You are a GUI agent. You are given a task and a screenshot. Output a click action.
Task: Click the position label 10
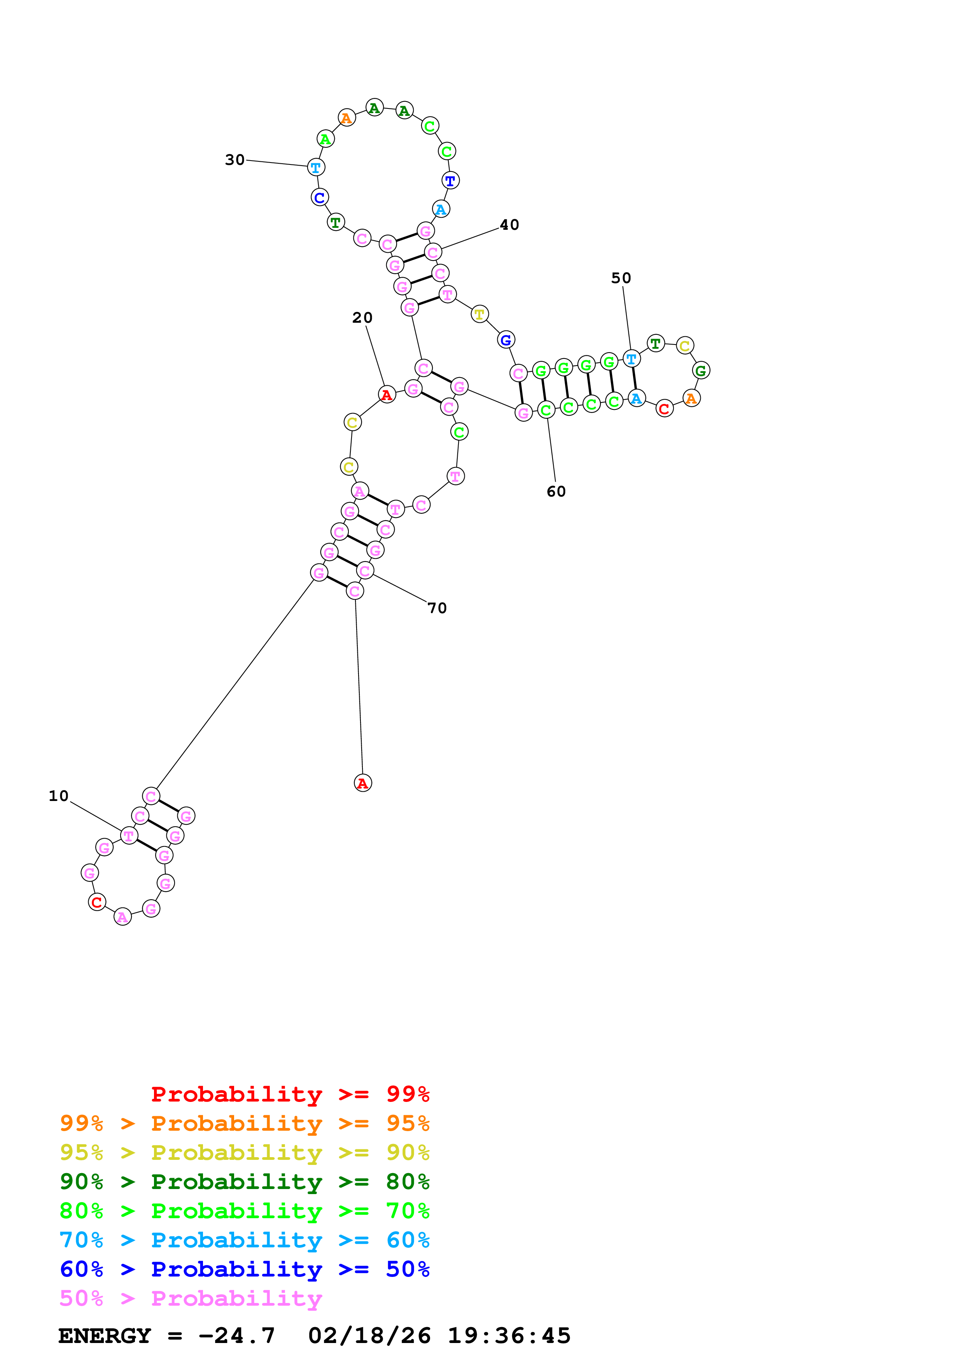pos(59,796)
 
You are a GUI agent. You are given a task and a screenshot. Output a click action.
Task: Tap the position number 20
pos(362,318)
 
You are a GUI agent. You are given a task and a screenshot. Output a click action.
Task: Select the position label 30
pos(234,160)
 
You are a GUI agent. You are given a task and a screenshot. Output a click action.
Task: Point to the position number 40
pos(509,225)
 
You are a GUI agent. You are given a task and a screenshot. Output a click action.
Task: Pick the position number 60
pos(556,491)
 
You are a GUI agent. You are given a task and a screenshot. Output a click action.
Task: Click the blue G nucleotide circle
pos(506,340)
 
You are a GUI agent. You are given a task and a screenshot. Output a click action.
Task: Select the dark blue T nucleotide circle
pos(450,180)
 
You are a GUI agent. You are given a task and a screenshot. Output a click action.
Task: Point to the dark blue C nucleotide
pos(320,197)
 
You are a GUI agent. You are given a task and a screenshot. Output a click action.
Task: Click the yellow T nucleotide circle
pos(479,314)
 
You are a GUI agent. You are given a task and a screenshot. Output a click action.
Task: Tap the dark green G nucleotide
pos(701,371)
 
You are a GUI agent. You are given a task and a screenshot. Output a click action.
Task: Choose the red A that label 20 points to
pos(387,395)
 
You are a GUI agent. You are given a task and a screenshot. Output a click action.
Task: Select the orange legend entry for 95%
pos(244,1123)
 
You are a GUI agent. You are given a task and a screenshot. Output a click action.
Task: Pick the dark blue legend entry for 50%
pos(244,1269)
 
